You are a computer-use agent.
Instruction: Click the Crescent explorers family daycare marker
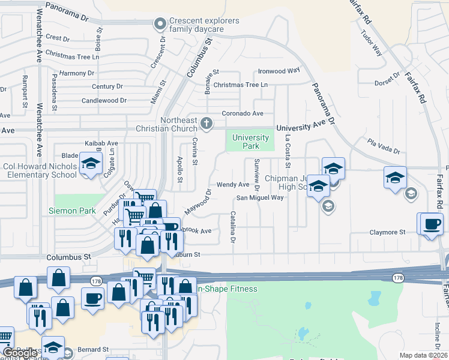click(x=160, y=25)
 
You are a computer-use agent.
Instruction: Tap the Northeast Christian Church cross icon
click(x=206, y=124)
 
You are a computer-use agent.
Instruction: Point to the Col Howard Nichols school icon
click(x=91, y=164)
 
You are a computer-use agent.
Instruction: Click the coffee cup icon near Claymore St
click(x=432, y=225)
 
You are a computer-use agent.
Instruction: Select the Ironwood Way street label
click(x=279, y=71)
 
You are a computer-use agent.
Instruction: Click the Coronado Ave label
click(x=243, y=113)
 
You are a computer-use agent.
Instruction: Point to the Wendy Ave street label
click(x=232, y=185)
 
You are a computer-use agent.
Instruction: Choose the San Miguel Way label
click(x=259, y=197)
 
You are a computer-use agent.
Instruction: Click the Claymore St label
click(x=387, y=232)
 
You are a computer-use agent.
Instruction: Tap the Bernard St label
click(x=92, y=349)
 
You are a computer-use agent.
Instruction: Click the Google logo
click(x=20, y=353)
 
